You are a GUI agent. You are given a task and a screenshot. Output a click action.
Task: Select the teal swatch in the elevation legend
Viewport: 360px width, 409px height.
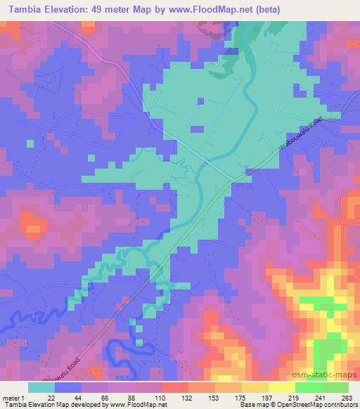click(41, 387)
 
